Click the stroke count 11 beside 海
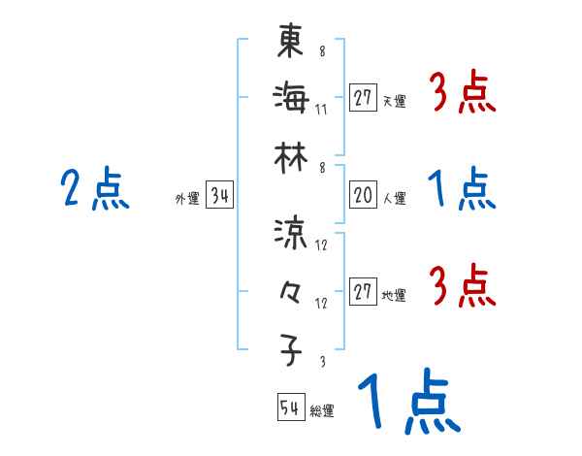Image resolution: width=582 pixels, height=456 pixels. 321,108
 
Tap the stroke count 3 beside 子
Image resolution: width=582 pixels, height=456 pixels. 321,361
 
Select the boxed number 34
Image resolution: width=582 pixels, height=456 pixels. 219,197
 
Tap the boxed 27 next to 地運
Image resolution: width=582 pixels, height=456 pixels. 363,293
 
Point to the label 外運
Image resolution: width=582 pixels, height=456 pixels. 187,199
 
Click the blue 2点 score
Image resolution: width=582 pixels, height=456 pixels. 95,189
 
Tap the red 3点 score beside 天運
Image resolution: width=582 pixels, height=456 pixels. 463,95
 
